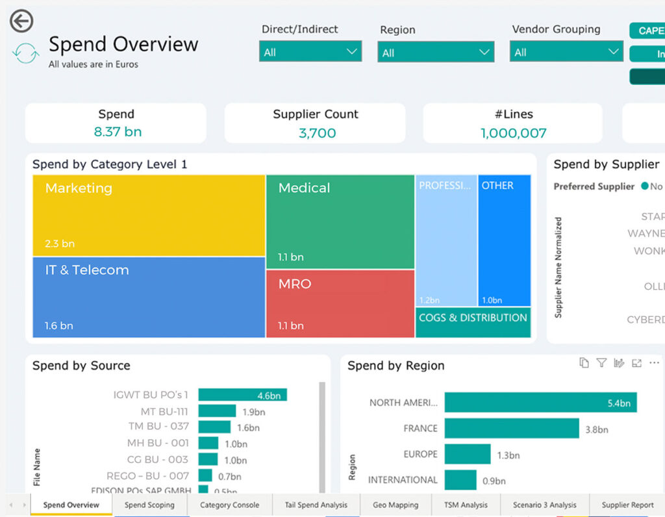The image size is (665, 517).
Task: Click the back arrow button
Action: tap(21, 21)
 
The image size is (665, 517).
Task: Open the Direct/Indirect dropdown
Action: tap(310, 52)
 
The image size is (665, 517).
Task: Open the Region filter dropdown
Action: tap(435, 53)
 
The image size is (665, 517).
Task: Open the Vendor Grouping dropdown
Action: tap(566, 52)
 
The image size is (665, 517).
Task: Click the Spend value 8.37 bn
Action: tap(118, 132)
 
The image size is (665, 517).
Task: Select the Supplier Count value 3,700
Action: tap(317, 133)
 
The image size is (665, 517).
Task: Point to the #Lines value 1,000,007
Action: tap(513, 133)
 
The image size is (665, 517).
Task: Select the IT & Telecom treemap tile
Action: tap(149, 297)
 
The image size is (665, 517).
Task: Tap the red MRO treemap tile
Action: tap(340, 303)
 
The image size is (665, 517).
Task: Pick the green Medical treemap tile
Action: tap(340, 221)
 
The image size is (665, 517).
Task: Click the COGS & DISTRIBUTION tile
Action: tap(473, 322)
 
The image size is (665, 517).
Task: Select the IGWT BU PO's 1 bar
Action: tap(242, 395)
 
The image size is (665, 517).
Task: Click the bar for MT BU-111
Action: tap(217, 411)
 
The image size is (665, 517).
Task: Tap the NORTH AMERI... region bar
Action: tap(540, 403)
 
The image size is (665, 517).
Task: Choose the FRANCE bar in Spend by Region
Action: tap(511, 429)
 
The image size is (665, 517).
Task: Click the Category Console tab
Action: tap(229, 505)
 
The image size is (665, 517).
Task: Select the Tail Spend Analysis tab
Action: tap(316, 505)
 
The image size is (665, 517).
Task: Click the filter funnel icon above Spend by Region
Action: tap(601, 363)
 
